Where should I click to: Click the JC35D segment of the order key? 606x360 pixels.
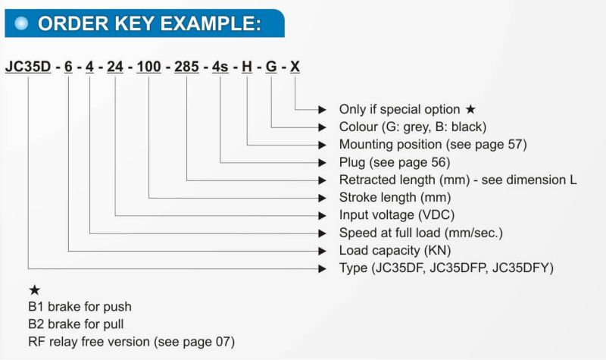[28, 67]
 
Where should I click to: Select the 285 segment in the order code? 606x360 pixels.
[186, 67]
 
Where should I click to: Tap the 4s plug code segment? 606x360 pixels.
[220, 67]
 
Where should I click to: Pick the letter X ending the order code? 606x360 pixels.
[295, 67]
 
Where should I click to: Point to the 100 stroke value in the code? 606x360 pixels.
[148, 67]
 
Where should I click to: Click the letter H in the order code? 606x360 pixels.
[247, 67]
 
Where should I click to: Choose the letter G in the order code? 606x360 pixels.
[271, 67]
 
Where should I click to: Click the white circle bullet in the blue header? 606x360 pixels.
[21, 23]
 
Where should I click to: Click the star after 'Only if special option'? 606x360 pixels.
[470, 109]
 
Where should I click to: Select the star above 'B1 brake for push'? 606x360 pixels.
[34, 290]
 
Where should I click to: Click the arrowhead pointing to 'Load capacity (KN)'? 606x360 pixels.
[323, 251]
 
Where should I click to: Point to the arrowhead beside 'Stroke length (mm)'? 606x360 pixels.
[323, 198]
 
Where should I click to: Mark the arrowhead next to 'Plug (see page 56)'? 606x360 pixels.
[323, 163]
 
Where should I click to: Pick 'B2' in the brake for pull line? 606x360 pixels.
[36, 324]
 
